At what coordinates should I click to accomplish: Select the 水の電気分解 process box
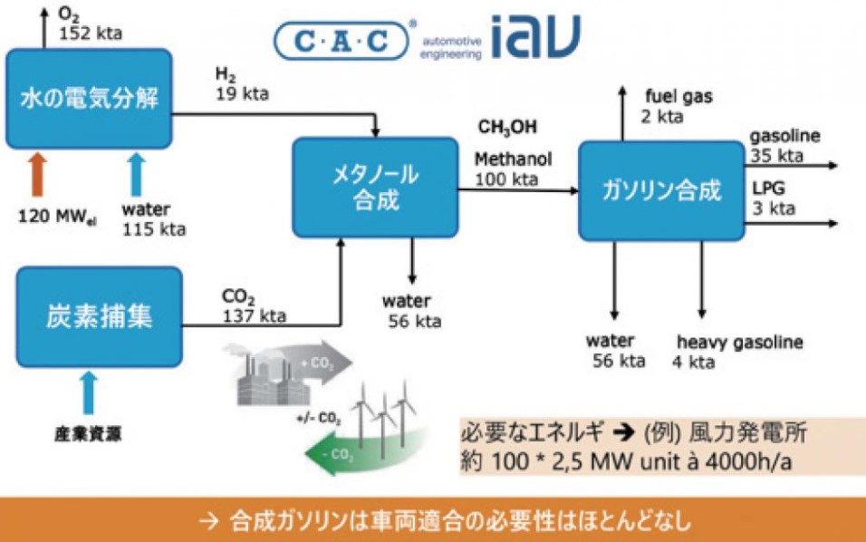point(89,98)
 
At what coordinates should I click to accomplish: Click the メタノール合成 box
point(373,186)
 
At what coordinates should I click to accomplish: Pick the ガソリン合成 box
point(660,190)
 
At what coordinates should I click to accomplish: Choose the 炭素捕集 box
point(98,316)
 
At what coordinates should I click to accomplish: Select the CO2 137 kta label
point(254,306)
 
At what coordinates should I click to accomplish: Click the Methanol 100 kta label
point(514,169)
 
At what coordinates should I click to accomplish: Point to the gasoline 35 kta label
point(784,145)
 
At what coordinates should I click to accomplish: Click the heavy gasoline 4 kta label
point(739,353)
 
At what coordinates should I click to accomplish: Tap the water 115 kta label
point(153,219)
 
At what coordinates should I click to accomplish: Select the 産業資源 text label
point(86,433)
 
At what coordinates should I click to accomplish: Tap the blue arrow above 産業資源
point(87,391)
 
